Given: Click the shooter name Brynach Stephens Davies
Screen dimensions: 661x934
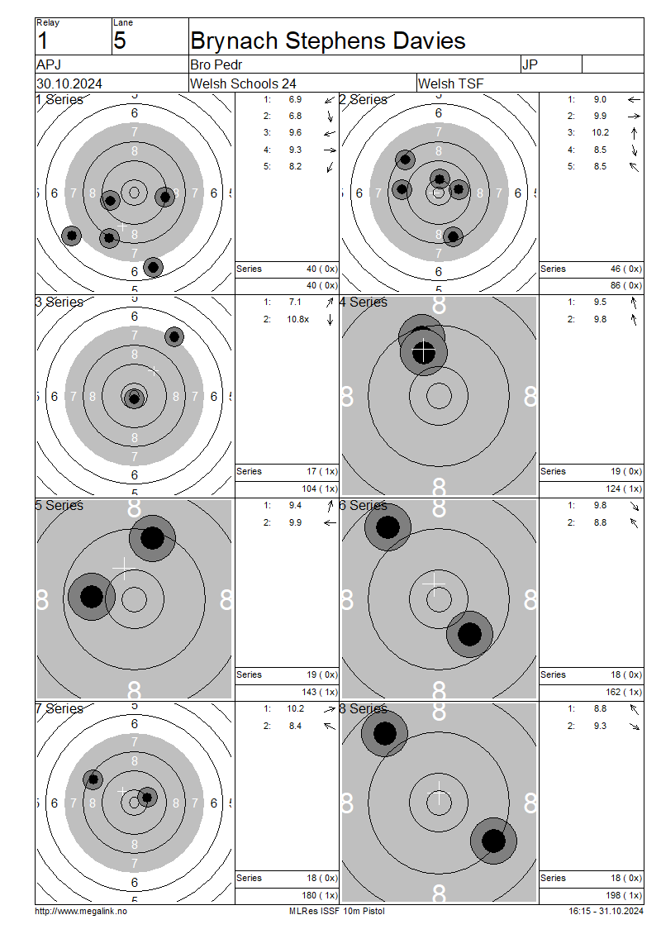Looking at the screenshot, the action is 327,41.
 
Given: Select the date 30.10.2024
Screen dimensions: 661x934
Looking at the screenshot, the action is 69,83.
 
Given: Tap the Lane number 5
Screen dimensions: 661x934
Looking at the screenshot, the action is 120,41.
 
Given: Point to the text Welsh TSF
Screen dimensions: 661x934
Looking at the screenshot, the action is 451,83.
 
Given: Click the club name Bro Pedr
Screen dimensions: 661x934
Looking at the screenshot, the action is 216,64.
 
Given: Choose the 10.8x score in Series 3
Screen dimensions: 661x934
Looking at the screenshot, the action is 297,319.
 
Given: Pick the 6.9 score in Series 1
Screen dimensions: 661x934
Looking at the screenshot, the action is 295,99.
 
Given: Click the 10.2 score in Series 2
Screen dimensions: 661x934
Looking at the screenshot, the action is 600,133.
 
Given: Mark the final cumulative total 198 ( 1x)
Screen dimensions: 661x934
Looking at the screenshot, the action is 624,895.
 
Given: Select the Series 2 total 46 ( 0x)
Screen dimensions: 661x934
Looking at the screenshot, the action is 625,269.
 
